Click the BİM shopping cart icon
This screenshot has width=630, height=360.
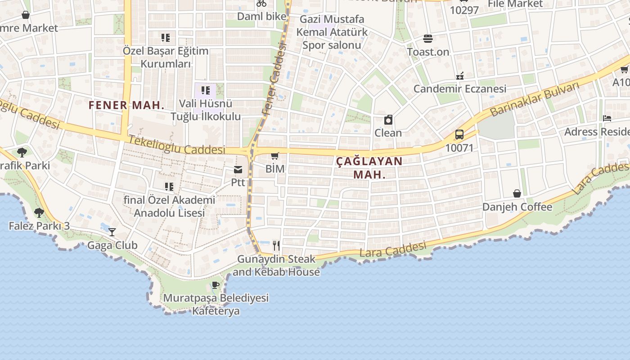[274, 156]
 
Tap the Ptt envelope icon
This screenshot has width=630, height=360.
[238, 170]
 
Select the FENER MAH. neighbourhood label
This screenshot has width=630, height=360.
[126, 105]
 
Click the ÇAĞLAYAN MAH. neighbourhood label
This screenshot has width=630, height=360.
[369, 167]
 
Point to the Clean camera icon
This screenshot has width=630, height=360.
[388, 120]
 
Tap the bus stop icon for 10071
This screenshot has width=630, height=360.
[459, 135]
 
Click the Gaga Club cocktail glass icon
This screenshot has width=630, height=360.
[112, 232]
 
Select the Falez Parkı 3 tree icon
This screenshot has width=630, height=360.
[39, 212]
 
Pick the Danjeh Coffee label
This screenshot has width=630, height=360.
[517, 207]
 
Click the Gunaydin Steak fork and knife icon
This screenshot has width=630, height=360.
[276, 245]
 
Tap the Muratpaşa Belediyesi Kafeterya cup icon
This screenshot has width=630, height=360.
[216, 285]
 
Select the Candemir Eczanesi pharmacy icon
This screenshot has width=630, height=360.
[459, 76]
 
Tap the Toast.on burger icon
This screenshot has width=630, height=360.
[427, 39]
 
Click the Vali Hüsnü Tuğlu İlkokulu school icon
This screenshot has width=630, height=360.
[206, 90]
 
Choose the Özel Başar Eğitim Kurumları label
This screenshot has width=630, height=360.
[166, 57]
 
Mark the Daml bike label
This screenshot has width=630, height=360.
[261, 16]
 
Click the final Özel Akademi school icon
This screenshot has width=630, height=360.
[169, 186]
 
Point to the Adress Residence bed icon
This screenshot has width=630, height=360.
[607, 118]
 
